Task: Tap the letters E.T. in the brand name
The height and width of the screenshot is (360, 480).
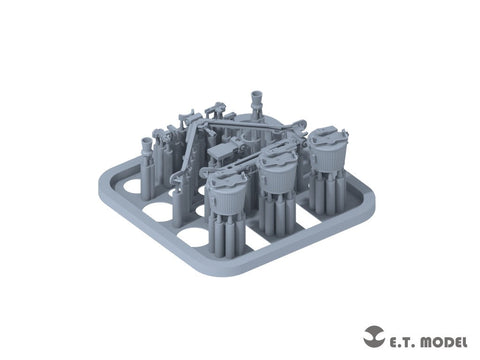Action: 400,342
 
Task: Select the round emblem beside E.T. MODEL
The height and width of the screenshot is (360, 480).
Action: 374,337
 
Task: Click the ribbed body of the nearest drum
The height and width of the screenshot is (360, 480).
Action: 227,199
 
